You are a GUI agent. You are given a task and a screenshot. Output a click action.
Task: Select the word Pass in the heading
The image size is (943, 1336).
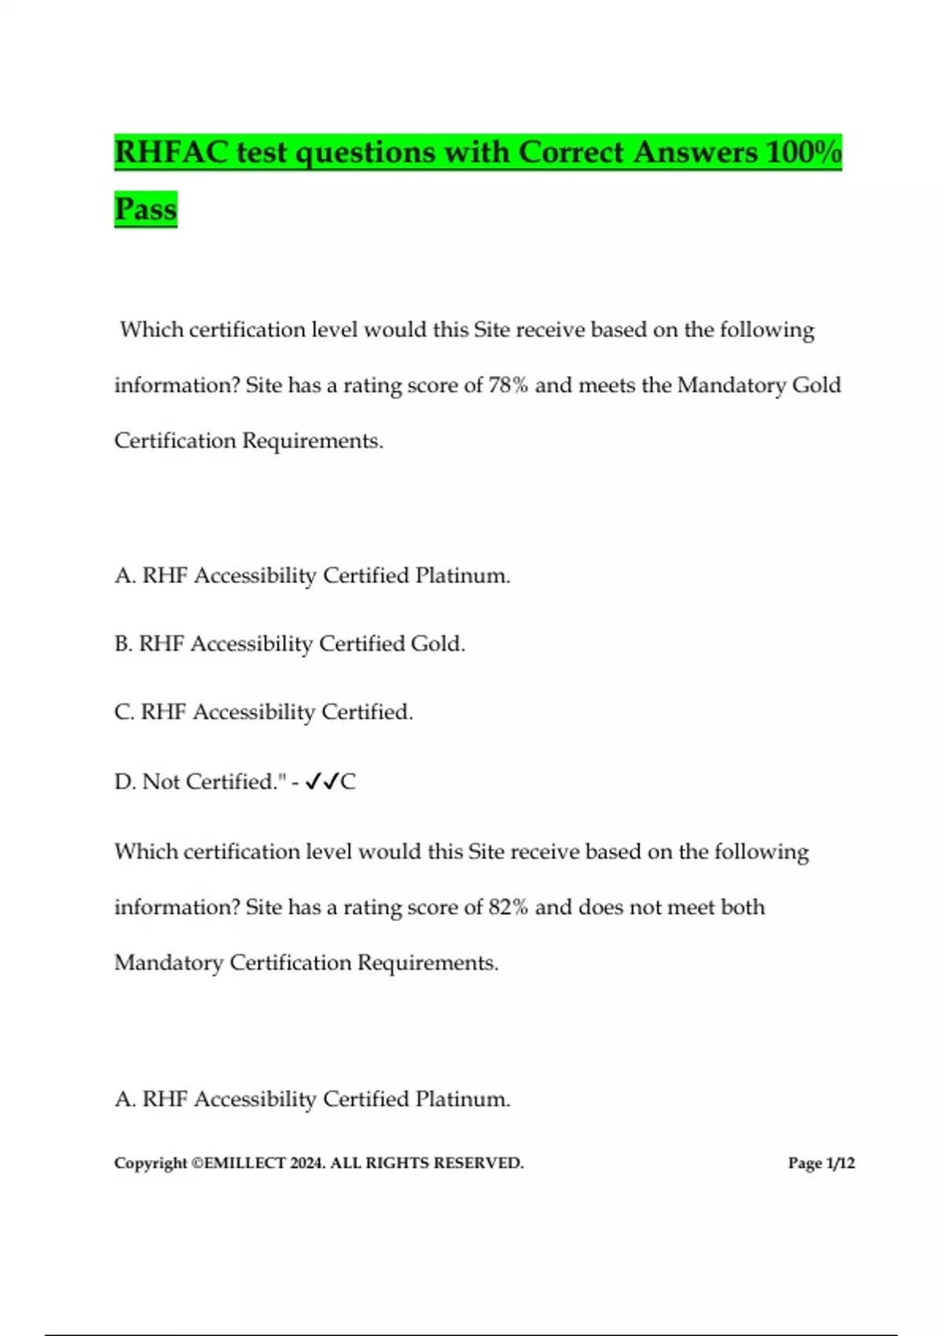(x=145, y=209)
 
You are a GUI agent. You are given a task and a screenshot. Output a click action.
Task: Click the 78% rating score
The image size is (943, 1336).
(x=508, y=385)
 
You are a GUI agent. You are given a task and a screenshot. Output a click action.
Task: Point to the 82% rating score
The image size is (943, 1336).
(x=508, y=907)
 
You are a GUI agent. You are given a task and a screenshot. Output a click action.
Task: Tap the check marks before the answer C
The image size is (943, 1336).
(x=321, y=781)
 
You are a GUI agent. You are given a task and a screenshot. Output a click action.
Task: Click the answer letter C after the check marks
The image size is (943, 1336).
(x=348, y=781)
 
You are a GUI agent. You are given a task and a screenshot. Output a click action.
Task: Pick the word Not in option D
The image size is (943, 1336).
(x=161, y=781)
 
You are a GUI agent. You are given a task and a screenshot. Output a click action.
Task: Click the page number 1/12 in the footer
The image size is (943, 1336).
(x=840, y=1163)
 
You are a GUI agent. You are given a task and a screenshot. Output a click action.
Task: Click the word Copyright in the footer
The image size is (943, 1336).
(x=151, y=1163)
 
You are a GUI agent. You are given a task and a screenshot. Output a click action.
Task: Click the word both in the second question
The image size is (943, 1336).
(x=743, y=907)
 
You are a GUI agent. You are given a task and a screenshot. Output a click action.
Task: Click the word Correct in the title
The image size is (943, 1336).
(x=571, y=152)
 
